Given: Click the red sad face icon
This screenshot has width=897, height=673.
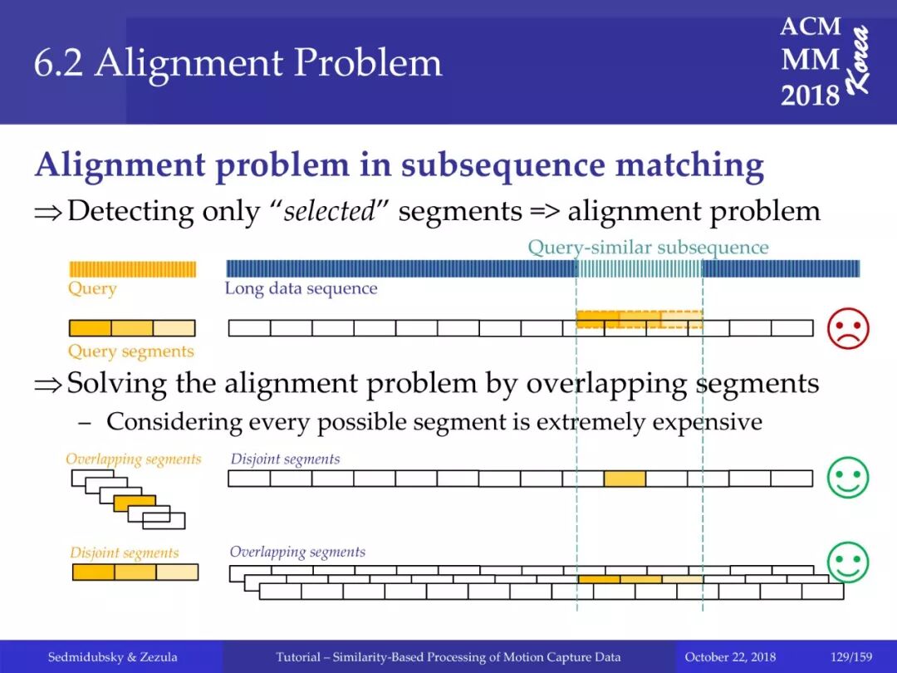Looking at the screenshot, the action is tap(848, 328).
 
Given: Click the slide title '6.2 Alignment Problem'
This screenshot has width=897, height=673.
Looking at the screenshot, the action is tap(238, 64).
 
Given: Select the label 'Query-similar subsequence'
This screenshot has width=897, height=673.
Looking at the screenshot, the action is tap(648, 247).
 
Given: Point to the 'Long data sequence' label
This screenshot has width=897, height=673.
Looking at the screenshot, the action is tap(301, 288).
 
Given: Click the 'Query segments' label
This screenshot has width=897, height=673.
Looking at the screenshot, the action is tap(130, 351).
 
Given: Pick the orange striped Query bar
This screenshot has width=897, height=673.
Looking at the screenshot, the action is tap(132, 269).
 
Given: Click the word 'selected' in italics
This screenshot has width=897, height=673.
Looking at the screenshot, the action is tap(330, 211).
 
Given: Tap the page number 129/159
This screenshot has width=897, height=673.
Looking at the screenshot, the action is tap(851, 657).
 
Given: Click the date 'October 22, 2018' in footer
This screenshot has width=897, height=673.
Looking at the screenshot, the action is tap(731, 657).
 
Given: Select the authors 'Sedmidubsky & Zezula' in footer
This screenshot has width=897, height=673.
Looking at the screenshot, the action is tap(112, 657).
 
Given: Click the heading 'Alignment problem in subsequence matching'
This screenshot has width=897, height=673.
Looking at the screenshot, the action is tap(399, 165).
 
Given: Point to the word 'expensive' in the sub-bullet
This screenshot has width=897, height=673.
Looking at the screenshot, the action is tap(707, 422).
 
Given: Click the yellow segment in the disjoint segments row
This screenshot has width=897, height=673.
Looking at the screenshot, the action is tap(625, 479).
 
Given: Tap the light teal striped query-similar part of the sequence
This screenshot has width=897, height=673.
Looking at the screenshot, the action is tap(639, 268).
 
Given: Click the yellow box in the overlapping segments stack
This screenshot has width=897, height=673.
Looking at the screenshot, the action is tap(135, 503).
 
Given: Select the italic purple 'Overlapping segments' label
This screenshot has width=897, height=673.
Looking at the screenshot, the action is tap(297, 552).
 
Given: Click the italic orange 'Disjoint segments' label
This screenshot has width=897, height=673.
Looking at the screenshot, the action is tap(124, 553).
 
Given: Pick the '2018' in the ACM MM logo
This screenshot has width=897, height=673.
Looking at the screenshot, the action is tap(810, 96).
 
